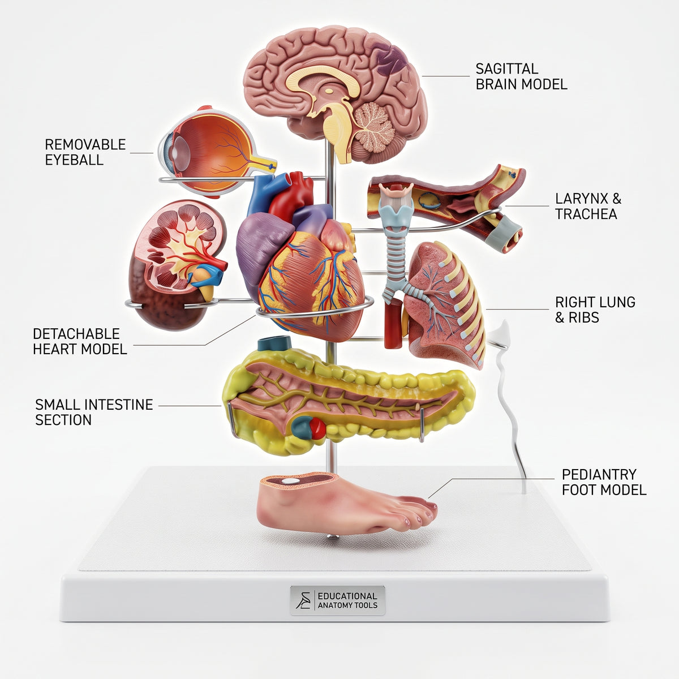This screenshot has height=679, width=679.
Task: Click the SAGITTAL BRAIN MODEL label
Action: click(x=521, y=76)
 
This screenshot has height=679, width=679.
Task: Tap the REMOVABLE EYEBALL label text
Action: click(x=85, y=152)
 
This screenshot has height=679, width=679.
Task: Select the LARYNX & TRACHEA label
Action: click(x=588, y=206)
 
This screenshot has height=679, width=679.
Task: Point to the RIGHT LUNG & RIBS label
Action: click(x=595, y=310)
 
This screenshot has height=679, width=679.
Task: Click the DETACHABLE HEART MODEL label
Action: click(x=80, y=341)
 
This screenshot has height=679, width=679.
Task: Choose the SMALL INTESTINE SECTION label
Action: click(x=94, y=412)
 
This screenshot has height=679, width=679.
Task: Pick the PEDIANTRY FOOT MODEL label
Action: click(x=604, y=483)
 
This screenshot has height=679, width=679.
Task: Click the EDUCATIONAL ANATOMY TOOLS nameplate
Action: click(x=338, y=600)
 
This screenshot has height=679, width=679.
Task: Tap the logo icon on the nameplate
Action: click(x=303, y=600)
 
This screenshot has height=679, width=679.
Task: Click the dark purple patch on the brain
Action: click(x=392, y=62)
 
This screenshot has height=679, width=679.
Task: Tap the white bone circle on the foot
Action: click(x=291, y=480)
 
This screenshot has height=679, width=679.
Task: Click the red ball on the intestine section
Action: click(x=318, y=428)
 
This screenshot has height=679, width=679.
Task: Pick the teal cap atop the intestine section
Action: click(x=275, y=343)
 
